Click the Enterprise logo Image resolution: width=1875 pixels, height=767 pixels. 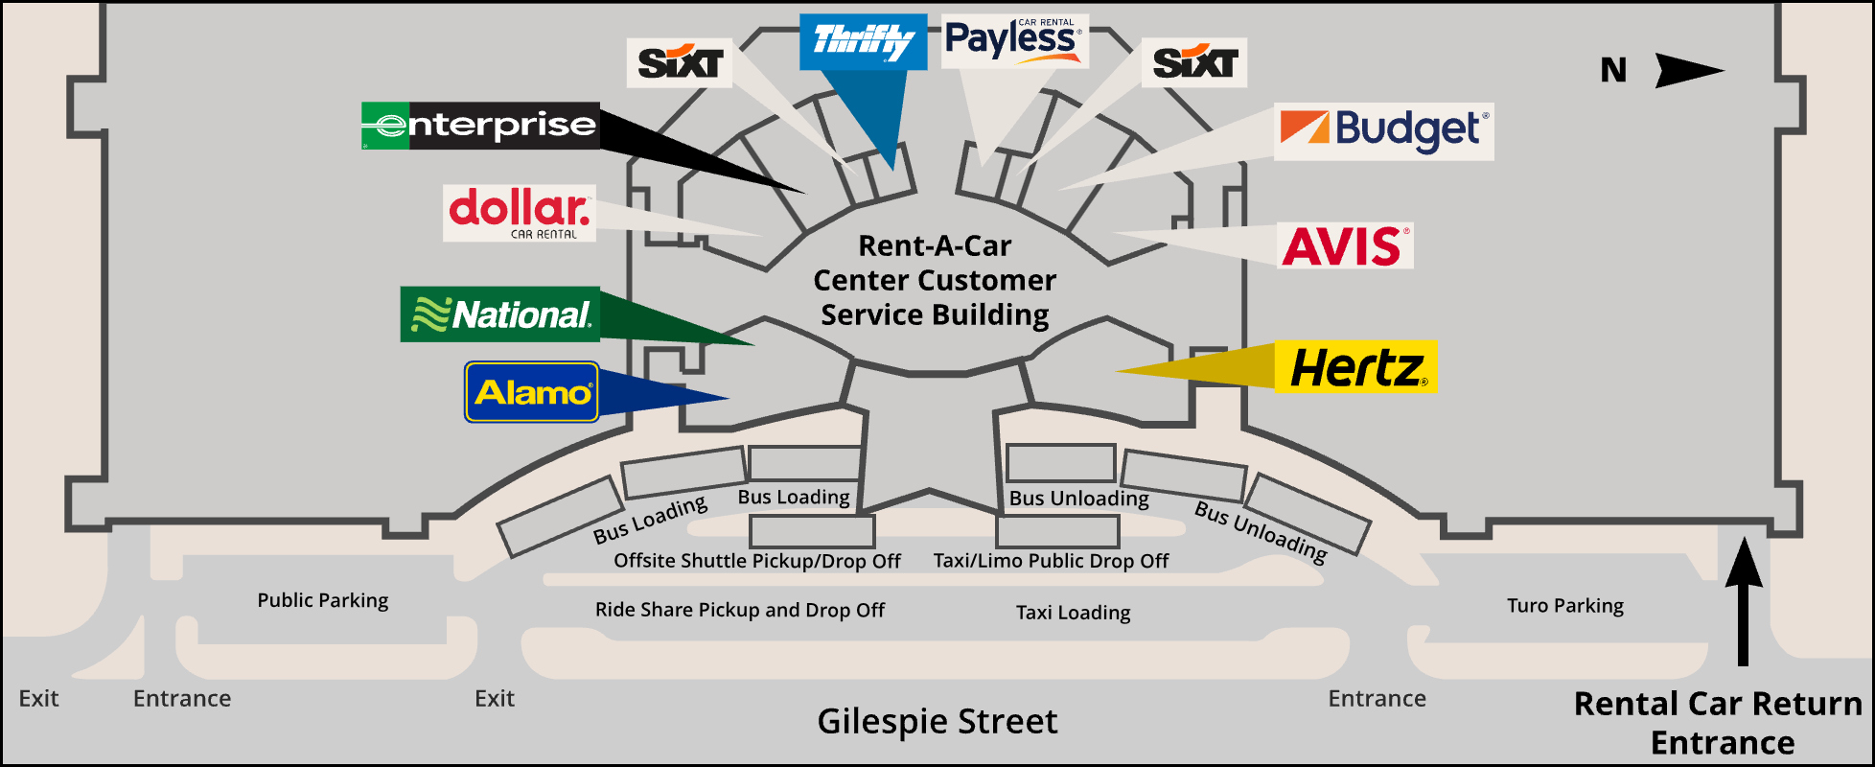click(480, 126)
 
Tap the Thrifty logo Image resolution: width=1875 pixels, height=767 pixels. click(863, 42)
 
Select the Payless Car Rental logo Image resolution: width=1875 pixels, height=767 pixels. click(1014, 41)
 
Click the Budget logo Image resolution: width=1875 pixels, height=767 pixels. click(1383, 131)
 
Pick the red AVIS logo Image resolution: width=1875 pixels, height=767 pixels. click(1345, 246)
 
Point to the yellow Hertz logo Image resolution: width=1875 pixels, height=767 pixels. click(1356, 367)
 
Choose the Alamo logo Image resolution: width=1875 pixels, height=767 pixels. click(532, 392)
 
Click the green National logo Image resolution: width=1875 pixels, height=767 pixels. click(499, 314)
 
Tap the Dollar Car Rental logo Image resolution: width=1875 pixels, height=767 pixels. click(520, 212)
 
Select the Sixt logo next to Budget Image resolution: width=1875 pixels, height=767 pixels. click(1193, 63)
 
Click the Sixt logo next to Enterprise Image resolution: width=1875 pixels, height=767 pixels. click(680, 63)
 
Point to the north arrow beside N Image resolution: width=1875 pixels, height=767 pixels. click(1689, 70)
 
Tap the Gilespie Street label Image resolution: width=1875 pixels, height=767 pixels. click(937, 721)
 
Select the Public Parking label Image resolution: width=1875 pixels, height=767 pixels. click(322, 600)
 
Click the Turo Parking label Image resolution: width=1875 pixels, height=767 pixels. click(1564, 606)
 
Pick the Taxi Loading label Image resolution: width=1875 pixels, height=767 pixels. click(1073, 613)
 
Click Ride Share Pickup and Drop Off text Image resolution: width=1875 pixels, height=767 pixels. click(739, 610)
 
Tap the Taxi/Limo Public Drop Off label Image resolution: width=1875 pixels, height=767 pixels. click(1051, 561)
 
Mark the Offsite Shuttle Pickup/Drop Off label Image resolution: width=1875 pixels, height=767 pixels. click(756, 561)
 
